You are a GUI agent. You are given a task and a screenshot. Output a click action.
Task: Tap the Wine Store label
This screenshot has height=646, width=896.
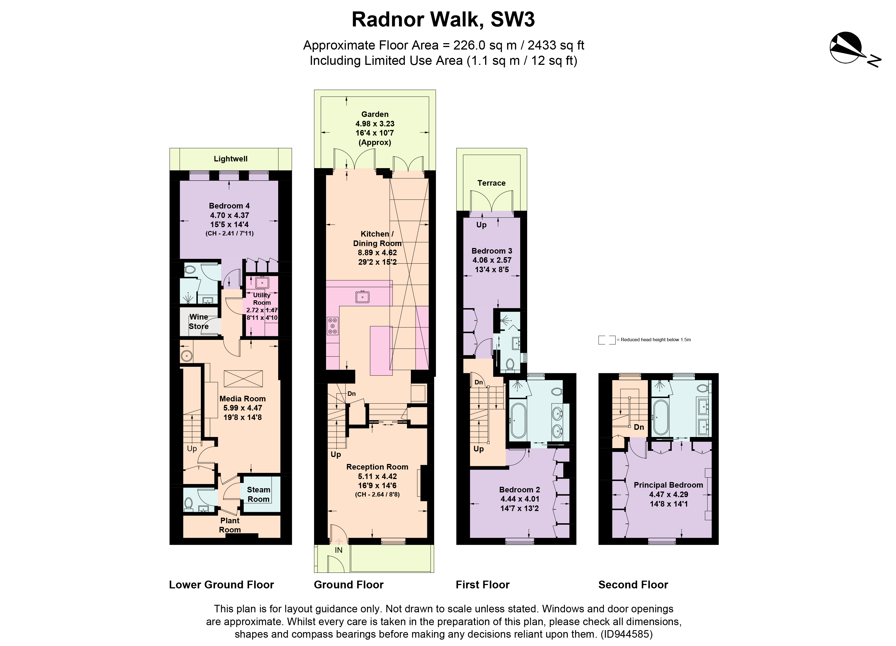pos(198,321)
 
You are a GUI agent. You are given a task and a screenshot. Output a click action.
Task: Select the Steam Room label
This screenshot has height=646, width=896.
pos(258,494)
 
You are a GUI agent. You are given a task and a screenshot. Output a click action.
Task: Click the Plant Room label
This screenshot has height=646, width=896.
pos(230,525)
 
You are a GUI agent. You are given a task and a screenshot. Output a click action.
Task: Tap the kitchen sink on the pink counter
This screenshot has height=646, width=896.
pos(362,296)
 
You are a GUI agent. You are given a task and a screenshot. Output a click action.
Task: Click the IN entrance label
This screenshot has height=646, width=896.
pos(339,550)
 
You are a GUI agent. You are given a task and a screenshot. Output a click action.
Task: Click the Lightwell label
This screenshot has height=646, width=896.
pos(231,159)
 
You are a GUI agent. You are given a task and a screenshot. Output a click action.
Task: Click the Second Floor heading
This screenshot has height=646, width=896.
pos(633,585)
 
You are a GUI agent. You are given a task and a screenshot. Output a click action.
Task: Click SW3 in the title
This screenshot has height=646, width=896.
pos(512,20)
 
